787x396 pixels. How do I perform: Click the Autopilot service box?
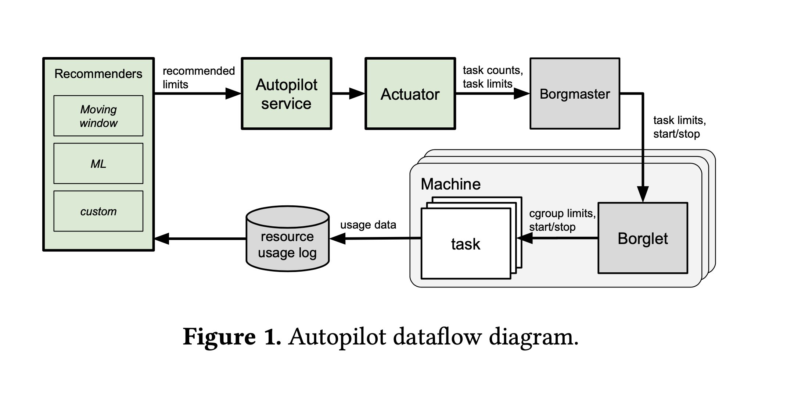pyautogui.click(x=286, y=94)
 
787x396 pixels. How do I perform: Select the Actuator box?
pyautogui.click(x=410, y=94)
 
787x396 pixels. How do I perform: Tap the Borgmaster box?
pyautogui.click(x=575, y=94)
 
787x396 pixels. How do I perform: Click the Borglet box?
pyautogui.click(x=643, y=238)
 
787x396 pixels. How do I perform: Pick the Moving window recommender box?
pyautogui.click(x=98, y=116)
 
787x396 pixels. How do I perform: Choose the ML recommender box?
pyautogui.click(x=98, y=163)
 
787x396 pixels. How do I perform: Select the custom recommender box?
pyautogui.click(x=98, y=211)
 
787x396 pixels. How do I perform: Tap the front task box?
pyautogui.click(x=466, y=244)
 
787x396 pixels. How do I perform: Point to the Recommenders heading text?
pyautogui.click(x=98, y=74)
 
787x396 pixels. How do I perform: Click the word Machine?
pyautogui.click(x=450, y=184)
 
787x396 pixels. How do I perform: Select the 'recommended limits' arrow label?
pyautogui.click(x=198, y=77)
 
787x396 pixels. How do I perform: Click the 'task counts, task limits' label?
pyautogui.click(x=492, y=77)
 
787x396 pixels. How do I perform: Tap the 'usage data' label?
pyautogui.click(x=368, y=225)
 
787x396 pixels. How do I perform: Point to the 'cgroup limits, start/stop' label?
pyautogui.click(x=562, y=220)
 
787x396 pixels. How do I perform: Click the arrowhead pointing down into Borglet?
pyautogui.click(x=643, y=194)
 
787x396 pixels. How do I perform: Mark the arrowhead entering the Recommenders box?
pyautogui.click(x=162, y=238)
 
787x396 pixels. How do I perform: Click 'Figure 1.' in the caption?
pyautogui.click(x=232, y=336)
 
